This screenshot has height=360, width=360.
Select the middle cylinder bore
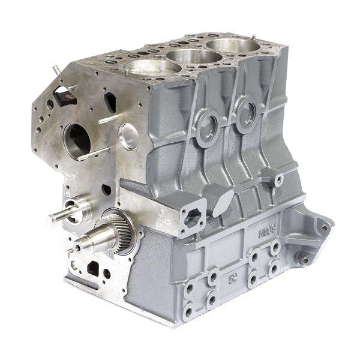194,56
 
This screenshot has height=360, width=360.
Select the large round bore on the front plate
76,140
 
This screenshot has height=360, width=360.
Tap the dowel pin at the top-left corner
56,70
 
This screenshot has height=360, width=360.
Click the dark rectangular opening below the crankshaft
93,268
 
